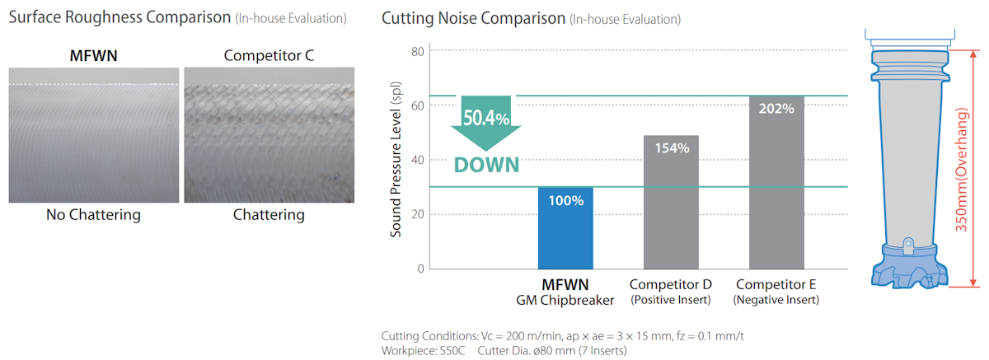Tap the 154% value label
pyautogui.click(x=671, y=147)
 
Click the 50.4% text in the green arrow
pyautogui.click(x=485, y=116)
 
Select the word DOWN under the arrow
pyautogui.click(x=486, y=164)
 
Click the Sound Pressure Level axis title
pyautogui.click(x=396, y=160)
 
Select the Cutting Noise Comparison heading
pyautogui.click(x=473, y=17)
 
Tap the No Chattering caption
pyautogui.click(x=94, y=215)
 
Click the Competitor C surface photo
pyautogui.click(x=268, y=135)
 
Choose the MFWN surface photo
pyautogui.click(x=94, y=135)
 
